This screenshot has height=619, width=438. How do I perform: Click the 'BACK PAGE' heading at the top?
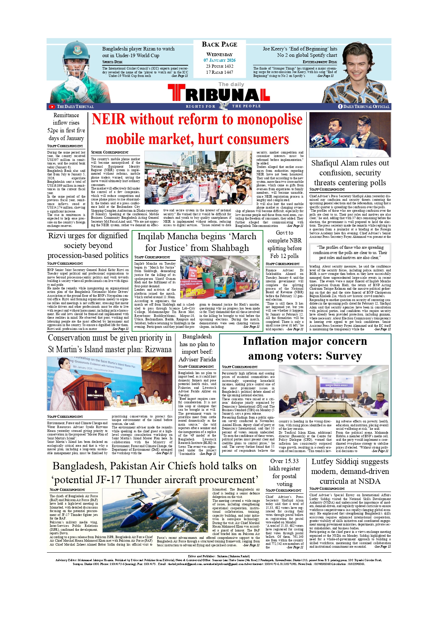coord(219,44)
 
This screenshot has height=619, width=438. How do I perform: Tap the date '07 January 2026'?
coord(219,60)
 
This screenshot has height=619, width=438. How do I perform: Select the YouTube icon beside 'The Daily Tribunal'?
coord(52,107)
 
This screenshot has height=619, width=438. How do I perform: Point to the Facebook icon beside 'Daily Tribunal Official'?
coord(340,107)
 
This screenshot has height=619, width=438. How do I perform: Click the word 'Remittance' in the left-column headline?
coord(66,115)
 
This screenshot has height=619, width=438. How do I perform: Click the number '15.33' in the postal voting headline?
coord(291,461)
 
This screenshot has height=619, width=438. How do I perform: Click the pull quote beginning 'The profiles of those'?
coord(350,252)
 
